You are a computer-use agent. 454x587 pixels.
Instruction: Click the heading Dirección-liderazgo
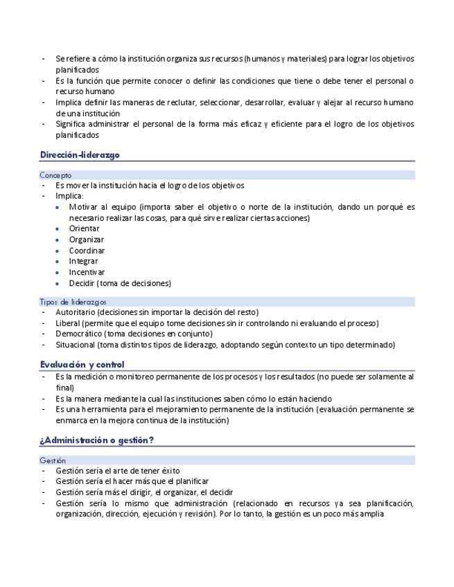[80, 155]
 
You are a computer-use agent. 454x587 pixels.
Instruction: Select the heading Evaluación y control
[82, 364]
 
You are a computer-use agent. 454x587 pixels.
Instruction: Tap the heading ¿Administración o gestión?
[96, 440]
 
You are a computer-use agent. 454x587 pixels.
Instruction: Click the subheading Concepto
[55, 175]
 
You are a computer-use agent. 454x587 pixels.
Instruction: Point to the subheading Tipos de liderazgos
[73, 302]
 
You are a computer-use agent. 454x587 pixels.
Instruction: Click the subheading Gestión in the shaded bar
[53, 460]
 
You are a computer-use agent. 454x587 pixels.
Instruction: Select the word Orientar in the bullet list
[84, 228]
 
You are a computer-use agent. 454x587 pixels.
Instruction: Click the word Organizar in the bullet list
[86, 240]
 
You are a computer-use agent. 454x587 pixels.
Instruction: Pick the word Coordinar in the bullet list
[87, 251]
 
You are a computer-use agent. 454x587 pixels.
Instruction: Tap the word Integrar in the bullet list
[83, 262]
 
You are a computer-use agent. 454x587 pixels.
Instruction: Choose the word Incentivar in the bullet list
[87, 272]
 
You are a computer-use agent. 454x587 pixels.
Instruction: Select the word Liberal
[68, 323]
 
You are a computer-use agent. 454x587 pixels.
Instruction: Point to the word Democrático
[80, 334]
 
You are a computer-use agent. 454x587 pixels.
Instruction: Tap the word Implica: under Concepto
[69, 196]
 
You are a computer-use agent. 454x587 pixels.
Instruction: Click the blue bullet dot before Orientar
[56, 228]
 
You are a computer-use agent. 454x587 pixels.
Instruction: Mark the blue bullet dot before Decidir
[56, 283]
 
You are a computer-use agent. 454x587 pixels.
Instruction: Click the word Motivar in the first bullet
[84, 207]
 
